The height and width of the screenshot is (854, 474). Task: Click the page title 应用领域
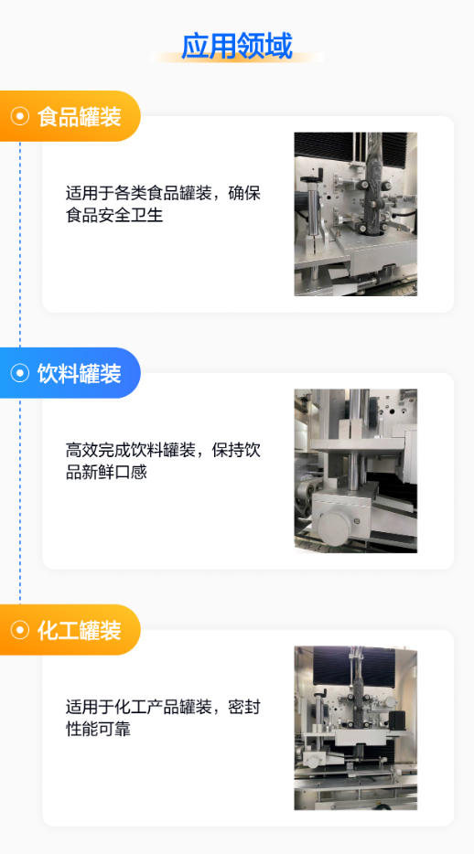(236, 46)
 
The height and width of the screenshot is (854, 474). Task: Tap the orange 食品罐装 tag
(70, 116)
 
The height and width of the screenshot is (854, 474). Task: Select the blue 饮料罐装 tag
(70, 373)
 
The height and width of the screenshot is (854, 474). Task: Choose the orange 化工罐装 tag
(70, 630)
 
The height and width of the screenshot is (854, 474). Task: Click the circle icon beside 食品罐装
(19, 116)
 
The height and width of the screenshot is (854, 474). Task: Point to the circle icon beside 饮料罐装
(19, 373)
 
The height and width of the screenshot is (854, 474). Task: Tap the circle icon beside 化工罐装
(19, 630)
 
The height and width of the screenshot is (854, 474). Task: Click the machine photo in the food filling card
(356, 214)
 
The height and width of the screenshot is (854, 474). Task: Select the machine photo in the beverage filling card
(356, 471)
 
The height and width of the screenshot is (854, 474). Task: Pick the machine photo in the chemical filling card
(356, 728)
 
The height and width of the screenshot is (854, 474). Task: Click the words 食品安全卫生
(114, 215)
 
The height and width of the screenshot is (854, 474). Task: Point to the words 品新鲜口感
(106, 472)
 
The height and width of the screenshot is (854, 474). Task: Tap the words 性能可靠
(98, 730)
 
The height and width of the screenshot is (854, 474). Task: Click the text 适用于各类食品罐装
(139, 193)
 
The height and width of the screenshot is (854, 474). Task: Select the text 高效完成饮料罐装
(131, 451)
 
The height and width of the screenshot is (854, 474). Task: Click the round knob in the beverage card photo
(333, 527)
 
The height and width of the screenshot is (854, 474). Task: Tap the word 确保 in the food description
(244, 193)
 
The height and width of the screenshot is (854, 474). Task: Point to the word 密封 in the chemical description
(244, 708)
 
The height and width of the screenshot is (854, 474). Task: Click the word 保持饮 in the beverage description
(236, 451)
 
